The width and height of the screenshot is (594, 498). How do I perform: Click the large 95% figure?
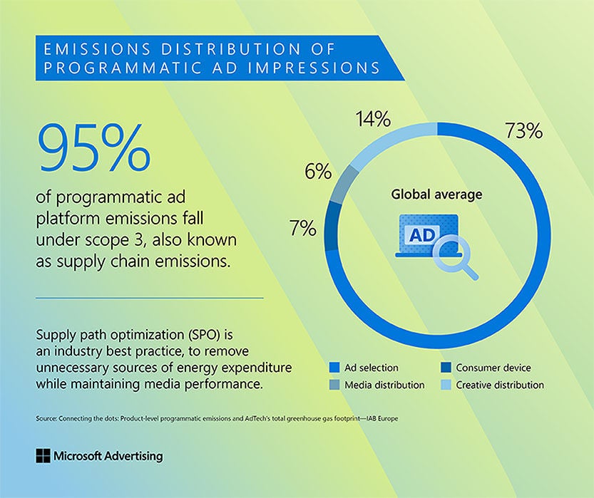[93, 147]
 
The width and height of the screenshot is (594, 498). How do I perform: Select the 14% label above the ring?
[373, 118]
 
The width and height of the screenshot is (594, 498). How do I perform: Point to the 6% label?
[317, 172]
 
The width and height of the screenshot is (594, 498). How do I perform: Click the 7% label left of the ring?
[302, 228]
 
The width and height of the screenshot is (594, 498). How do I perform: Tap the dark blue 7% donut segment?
[331, 229]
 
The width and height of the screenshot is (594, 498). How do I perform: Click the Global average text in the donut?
[436, 194]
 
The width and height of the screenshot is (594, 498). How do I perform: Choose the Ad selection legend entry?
[371, 368]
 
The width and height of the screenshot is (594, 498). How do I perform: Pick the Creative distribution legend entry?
[500, 385]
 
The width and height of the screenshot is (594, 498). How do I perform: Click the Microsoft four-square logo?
[42, 456]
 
